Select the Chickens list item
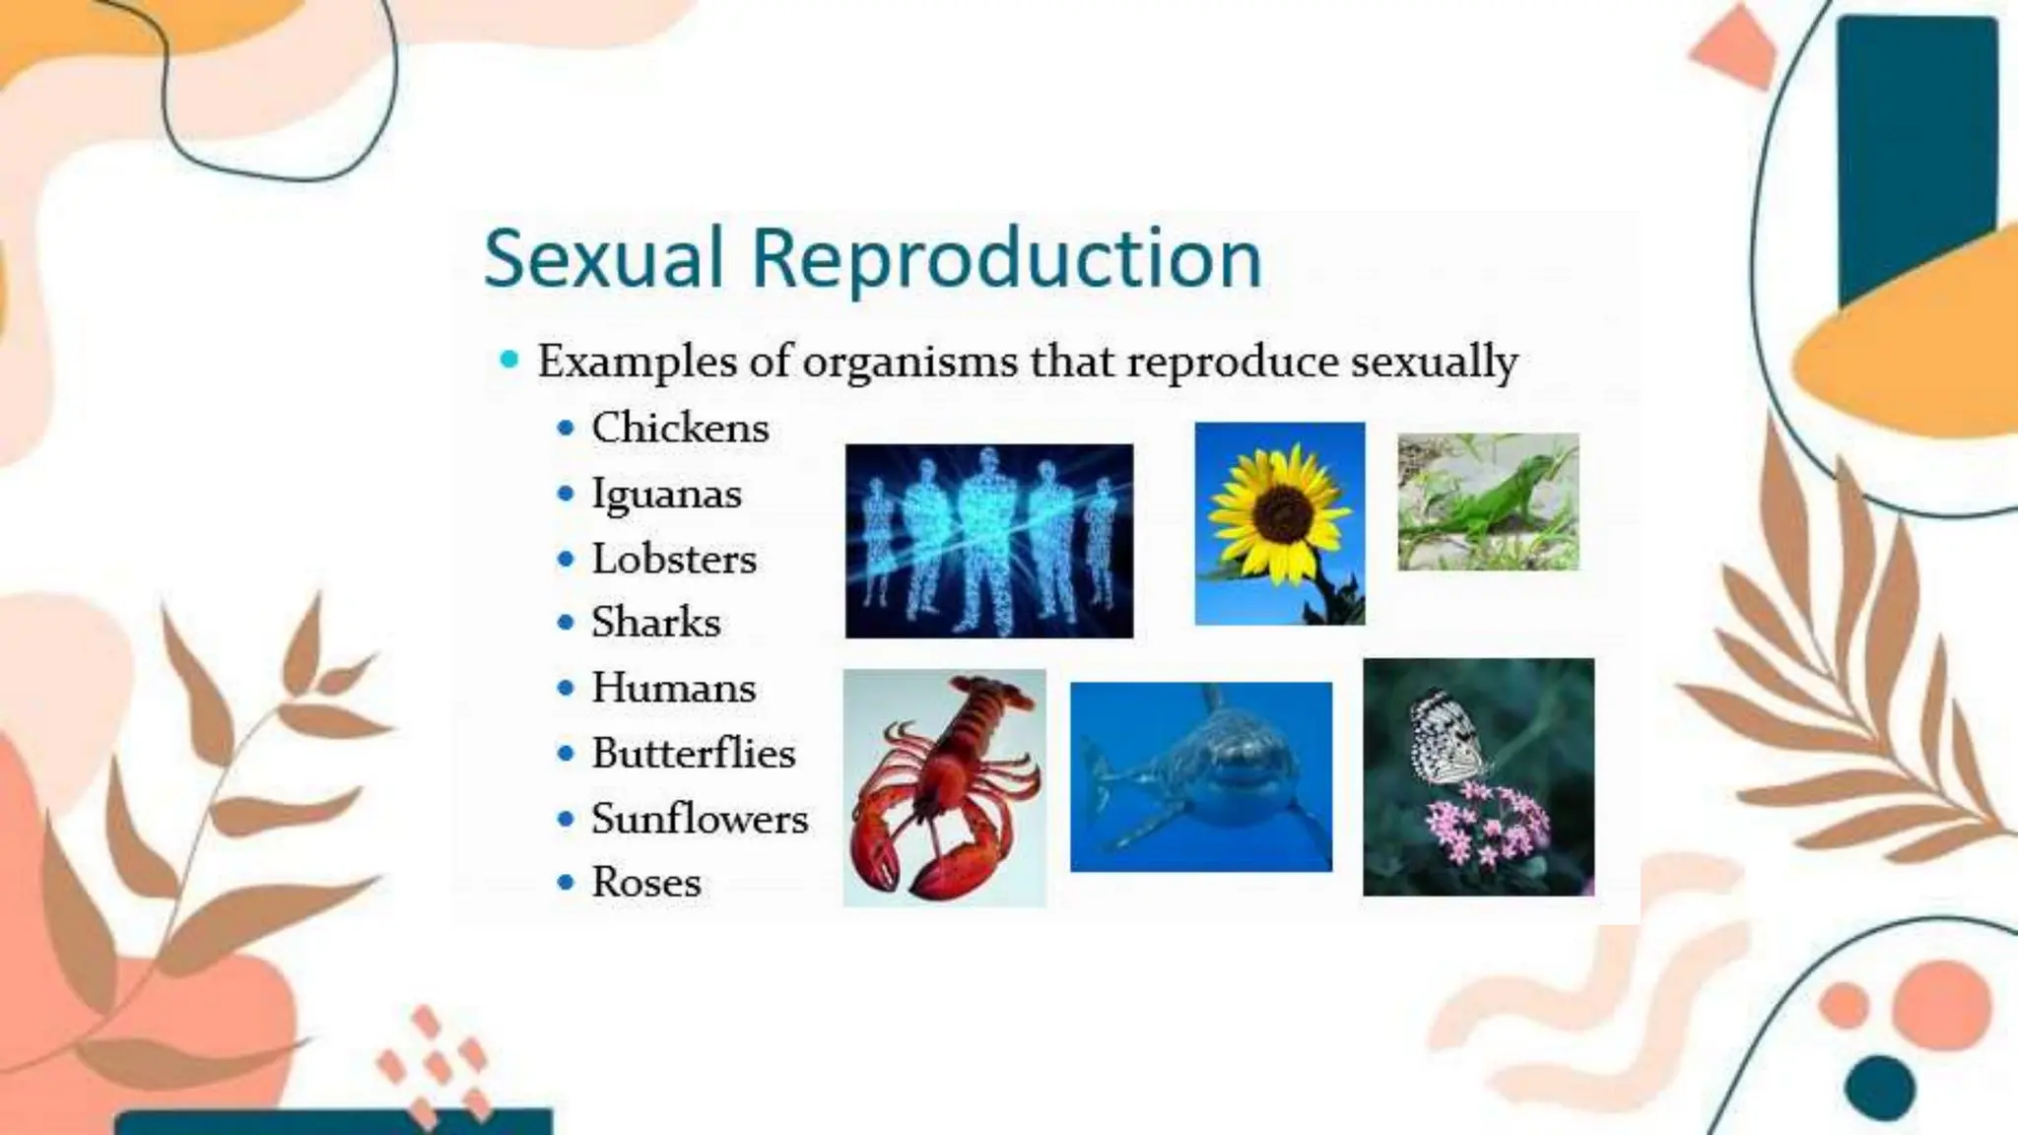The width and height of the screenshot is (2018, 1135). pos(680,428)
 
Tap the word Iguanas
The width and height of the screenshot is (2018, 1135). pos(666,493)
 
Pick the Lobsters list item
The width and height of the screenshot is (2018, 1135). pos(674,559)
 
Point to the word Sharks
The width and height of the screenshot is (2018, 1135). pos(655,623)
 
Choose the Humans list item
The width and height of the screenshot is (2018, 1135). pos(673,688)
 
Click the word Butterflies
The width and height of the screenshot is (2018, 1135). pos(693,754)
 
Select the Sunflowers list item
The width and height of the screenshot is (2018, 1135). pos(699,819)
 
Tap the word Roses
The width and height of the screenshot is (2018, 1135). pos(645,882)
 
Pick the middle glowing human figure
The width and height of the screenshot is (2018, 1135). pos(988,537)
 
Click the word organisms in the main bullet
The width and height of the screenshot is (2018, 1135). pos(909,362)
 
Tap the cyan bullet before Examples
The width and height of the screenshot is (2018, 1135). pos(509,360)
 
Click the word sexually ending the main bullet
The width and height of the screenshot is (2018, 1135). pos(1434,362)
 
